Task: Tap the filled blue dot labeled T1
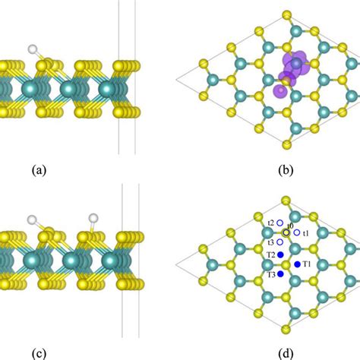297,264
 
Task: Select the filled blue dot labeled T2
280,254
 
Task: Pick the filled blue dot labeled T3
280,273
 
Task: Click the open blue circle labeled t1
297,232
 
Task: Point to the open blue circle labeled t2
280,223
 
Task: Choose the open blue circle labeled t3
280,242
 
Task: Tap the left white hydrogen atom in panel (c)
32,220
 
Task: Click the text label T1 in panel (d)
307,264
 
